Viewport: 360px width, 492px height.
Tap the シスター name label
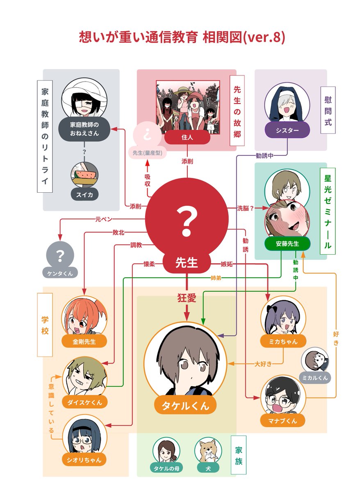tap(287, 130)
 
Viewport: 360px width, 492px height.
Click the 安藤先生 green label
tap(287, 244)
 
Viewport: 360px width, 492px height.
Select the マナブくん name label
tap(283, 420)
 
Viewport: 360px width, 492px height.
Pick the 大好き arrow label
tap(263, 364)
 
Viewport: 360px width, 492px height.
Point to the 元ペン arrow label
tap(103, 219)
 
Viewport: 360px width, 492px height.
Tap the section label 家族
tap(239, 455)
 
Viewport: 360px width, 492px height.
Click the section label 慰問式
tap(328, 111)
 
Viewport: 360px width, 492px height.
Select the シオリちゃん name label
tap(84, 460)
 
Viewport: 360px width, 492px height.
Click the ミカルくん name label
tap(315, 378)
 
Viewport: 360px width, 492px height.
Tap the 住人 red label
tap(187, 138)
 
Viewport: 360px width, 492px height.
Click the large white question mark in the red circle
tap(187, 221)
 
